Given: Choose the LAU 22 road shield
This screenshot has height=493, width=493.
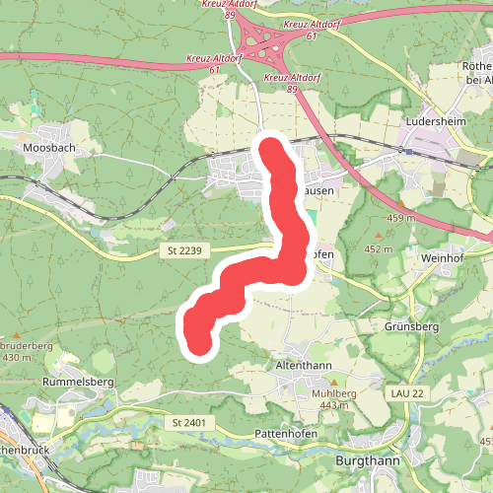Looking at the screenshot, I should [x=405, y=393].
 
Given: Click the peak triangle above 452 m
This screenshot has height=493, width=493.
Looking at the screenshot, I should [x=378, y=237].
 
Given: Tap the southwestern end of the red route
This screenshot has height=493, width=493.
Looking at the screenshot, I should [x=198, y=341].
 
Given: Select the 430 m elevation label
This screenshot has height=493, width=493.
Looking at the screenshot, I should [x=18, y=357].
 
